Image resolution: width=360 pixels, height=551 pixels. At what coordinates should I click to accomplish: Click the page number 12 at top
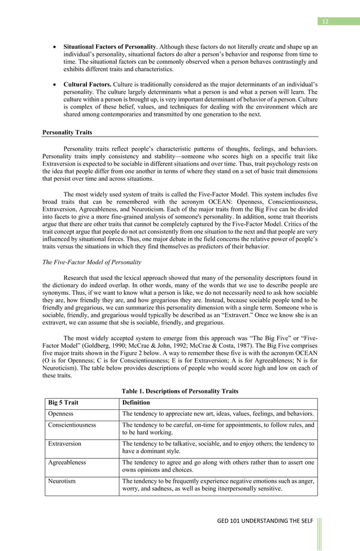tap(324, 21)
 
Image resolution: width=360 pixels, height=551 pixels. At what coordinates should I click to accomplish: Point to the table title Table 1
tap(180, 391)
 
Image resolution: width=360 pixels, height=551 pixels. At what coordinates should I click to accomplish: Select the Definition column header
tap(136, 403)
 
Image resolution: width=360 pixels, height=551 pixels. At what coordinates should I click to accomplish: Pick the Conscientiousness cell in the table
tap(72, 425)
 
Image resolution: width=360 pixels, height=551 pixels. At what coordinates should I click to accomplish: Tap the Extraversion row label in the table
tap(64, 444)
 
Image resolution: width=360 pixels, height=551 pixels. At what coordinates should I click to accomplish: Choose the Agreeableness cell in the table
tap(67, 462)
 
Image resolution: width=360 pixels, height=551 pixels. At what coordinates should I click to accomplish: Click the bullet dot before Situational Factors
tap(52, 46)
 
